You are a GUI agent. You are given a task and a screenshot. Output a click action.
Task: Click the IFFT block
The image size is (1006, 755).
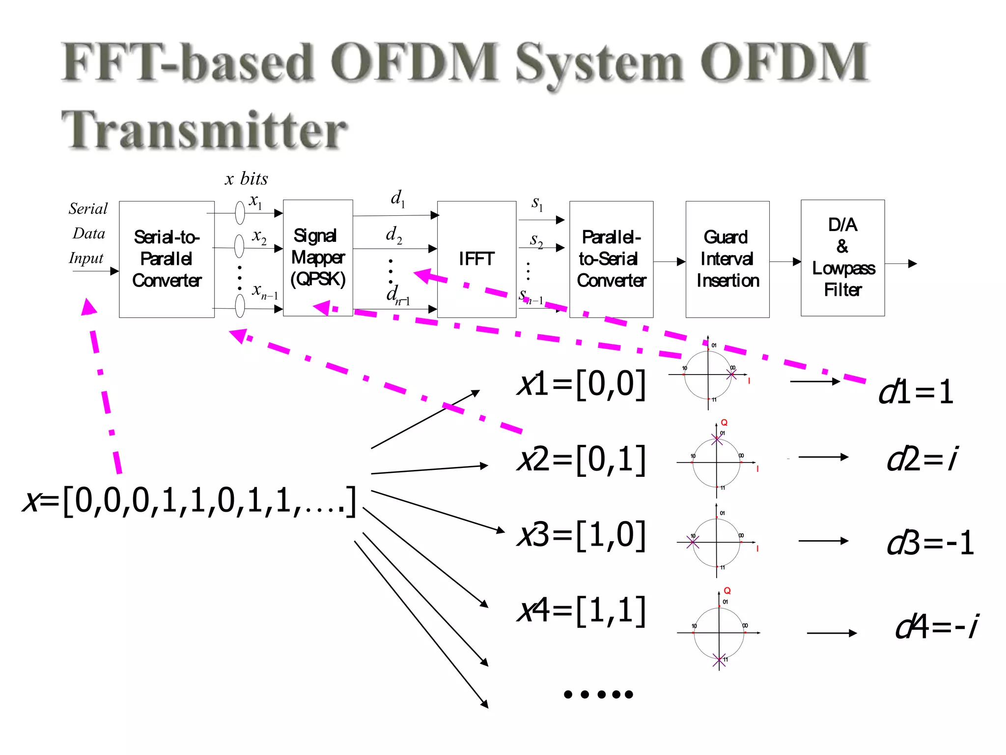pos(476,259)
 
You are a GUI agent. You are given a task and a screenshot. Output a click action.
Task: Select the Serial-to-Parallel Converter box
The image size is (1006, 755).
pos(167,259)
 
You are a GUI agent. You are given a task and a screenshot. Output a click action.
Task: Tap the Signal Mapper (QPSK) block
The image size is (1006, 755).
pos(318,258)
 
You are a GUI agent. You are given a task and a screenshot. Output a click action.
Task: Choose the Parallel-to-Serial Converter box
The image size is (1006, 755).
pos(611,259)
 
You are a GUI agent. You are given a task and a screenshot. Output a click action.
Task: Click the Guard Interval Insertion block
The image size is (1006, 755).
pos(727,259)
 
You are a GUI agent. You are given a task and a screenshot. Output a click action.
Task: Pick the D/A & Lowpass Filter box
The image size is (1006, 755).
pos(843,258)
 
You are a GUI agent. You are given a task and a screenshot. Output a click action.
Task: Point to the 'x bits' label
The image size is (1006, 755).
pos(247,178)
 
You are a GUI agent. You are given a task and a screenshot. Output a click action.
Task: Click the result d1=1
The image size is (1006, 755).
pos(916,392)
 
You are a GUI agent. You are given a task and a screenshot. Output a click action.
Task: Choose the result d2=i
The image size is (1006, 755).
pos(922,459)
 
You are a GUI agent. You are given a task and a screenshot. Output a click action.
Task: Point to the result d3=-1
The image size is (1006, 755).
pos(930,543)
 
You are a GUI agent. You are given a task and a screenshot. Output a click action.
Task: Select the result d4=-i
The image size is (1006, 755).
pos(936,627)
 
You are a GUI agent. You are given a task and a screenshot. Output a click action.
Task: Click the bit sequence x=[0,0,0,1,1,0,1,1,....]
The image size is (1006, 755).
pos(190,501)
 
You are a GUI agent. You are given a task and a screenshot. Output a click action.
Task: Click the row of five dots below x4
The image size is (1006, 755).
pos(598,694)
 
